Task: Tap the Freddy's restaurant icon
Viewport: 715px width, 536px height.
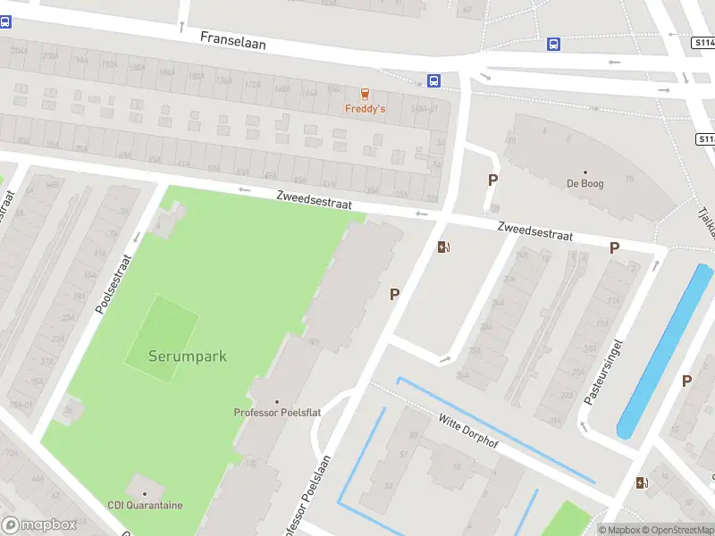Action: click(x=365, y=95)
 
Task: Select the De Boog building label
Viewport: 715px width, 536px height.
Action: click(x=585, y=183)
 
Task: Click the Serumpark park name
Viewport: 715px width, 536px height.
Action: click(x=188, y=356)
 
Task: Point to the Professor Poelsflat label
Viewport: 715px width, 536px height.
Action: click(x=277, y=412)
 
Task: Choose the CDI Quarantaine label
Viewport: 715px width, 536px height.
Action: click(x=145, y=505)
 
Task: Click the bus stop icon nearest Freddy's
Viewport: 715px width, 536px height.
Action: click(x=434, y=80)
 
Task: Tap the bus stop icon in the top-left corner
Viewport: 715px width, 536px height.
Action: click(x=5, y=22)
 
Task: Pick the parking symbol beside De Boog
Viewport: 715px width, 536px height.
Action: click(x=492, y=180)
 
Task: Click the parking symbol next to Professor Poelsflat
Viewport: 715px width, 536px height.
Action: click(x=394, y=293)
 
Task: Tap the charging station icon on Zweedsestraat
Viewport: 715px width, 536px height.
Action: click(x=443, y=247)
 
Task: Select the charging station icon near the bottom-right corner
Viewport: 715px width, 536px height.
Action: click(x=642, y=483)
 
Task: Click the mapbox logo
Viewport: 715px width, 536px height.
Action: click(x=38, y=525)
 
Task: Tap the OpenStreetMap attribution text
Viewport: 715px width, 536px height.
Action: click(x=677, y=530)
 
